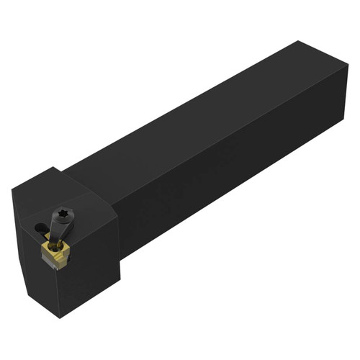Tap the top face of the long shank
pos(202,115)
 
